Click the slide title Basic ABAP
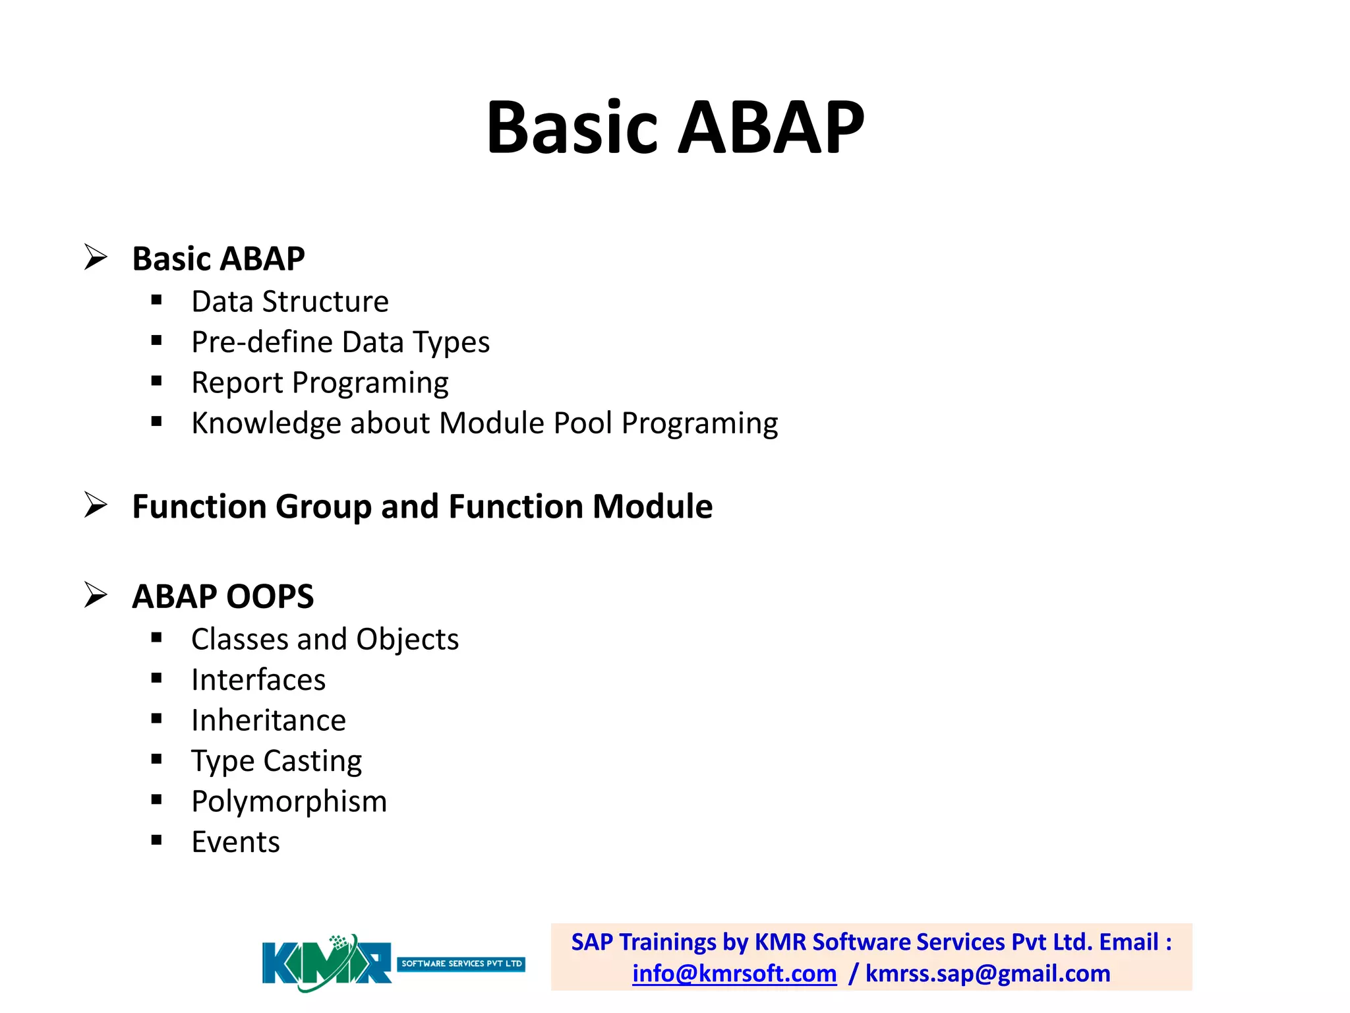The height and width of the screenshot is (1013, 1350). pos(675,127)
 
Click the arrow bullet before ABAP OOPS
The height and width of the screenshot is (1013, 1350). pos(96,595)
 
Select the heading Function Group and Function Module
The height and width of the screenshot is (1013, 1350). pos(422,506)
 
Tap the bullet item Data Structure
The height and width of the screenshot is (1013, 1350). pos(290,302)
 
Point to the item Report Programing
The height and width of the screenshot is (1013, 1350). pos(320,383)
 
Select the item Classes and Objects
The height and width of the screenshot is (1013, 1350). pos(325,640)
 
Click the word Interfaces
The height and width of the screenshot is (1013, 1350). pos(258,680)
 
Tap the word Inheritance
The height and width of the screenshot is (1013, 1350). pos(268,720)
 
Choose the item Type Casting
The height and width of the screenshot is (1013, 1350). pos(276,761)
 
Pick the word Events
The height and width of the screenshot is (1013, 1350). pos(235,842)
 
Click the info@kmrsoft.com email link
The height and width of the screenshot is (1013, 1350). pos(734,974)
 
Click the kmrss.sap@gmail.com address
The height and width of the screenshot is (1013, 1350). pos(987,974)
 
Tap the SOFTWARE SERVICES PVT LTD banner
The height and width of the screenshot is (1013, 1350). pos(461,964)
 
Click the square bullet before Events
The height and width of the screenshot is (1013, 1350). pos(156,840)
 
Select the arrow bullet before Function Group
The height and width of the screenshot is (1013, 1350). pos(96,505)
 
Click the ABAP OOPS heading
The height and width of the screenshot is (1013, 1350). pos(223,596)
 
